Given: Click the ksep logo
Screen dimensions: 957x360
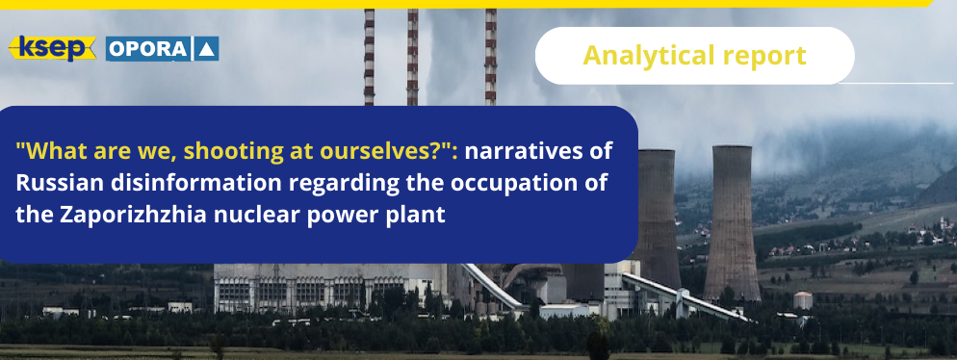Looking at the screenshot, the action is coord(53,49).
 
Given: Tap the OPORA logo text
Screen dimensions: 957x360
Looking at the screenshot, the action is coord(149,49).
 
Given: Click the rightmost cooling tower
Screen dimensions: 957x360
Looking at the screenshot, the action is coord(732,222).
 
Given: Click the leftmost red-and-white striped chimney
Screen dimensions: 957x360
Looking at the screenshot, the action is coord(370,57).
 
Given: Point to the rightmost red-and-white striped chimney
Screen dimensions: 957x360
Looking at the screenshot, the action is coord(491,57).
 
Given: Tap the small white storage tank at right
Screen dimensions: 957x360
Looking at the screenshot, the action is coord(803,300).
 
